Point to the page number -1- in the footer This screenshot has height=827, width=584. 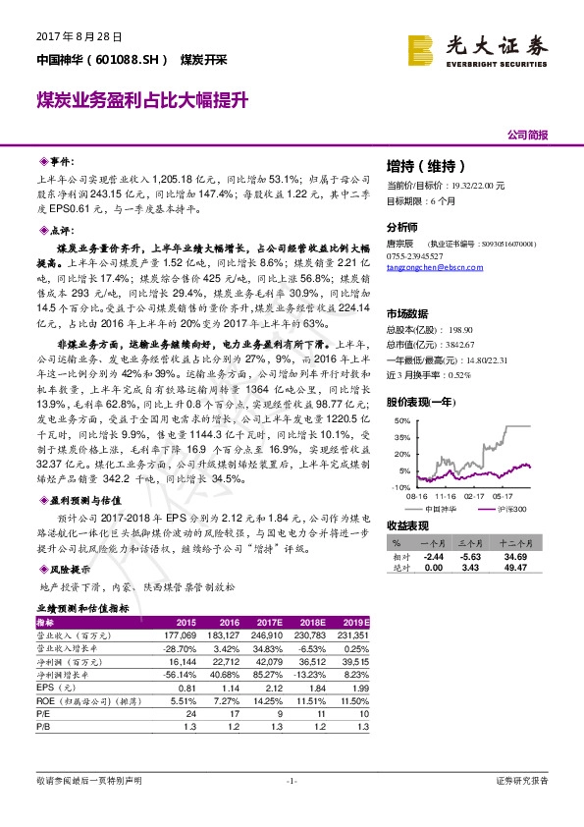[x=291, y=780]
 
